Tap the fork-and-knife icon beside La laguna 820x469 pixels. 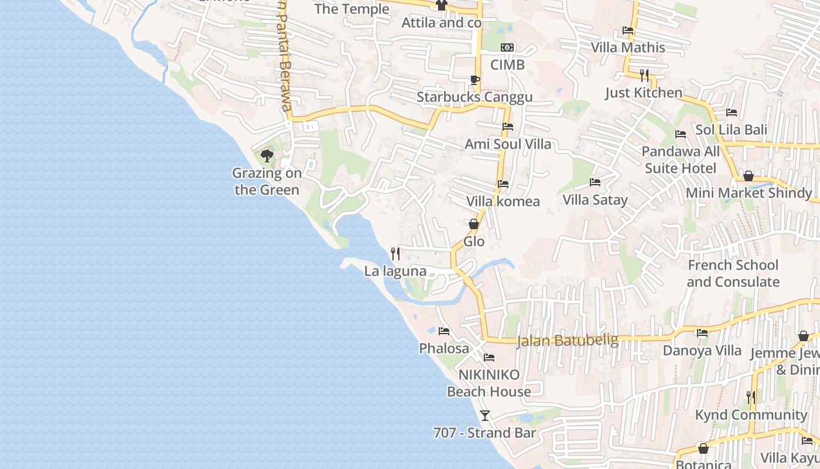click(395, 254)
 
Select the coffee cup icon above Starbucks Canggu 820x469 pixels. click(474, 80)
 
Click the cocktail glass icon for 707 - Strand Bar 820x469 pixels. click(485, 416)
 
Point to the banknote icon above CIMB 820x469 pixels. click(507, 47)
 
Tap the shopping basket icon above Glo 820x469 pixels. click(474, 224)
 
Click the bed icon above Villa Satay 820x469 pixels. click(595, 182)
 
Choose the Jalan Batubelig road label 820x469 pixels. click(567, 341)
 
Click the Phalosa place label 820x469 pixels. click(444, 348)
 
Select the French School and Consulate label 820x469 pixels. click(733, 273)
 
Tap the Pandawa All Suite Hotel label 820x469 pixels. click(681, 160)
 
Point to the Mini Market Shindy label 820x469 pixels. click(749, 193)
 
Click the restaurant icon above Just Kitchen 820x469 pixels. click(644, 75)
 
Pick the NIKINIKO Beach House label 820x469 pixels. click(489, 383)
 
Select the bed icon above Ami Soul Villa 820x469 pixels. click(508, 127)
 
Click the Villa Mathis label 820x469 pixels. click(628, 47)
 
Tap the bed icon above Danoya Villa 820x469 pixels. click(702, 334)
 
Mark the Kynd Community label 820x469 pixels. click(751, 415)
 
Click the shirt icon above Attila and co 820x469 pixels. click(442, 5)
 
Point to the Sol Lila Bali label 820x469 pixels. click(731, 130)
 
